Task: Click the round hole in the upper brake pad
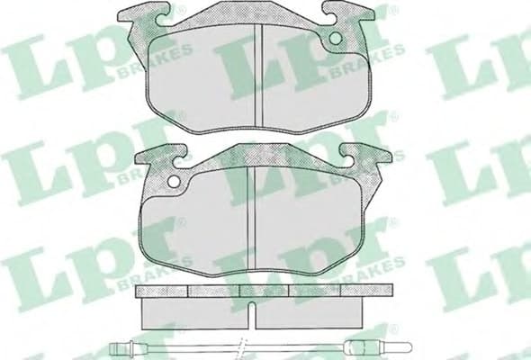[337, 39]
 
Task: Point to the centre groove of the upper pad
[258, 76]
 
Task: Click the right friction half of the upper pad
[310, 85]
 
